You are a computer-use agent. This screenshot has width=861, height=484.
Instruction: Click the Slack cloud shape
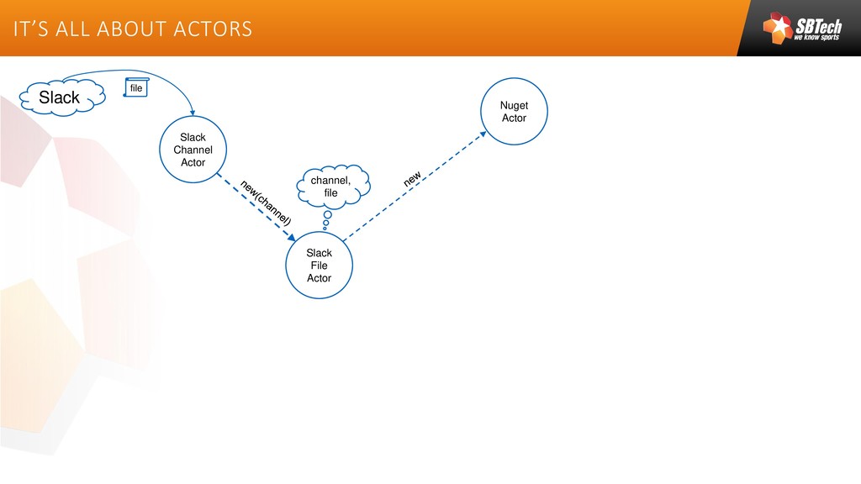coord(61,97)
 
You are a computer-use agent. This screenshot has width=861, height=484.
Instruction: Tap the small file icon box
coord(136,87)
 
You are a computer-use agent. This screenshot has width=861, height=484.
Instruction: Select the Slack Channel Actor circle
coord(193,150)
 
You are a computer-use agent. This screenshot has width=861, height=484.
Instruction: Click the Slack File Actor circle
coord(319,266)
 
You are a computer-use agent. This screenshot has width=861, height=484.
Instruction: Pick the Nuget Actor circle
coord(514,112)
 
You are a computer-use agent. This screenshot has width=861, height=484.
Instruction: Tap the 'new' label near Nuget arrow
coord(412,179)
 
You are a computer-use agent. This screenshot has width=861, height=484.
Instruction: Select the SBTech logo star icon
coord(778,27)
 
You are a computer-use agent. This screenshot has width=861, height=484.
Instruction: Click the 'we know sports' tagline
coord(816,38)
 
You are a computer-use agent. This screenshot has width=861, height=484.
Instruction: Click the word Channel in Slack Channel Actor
coord(193,150)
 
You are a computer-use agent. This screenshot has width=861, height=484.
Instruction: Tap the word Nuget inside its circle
coord(514,106)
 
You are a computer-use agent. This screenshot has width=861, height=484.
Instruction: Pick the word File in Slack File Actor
coord(319,266)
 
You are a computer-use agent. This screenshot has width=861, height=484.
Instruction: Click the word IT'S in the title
coord(29,29)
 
